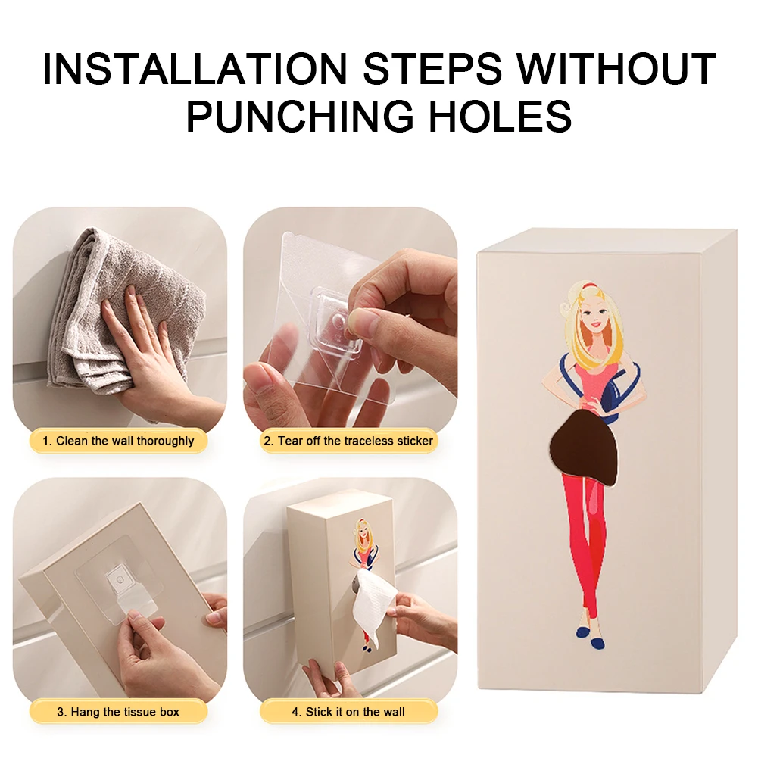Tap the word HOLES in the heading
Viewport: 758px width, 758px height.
501,116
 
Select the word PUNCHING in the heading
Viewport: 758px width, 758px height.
300,116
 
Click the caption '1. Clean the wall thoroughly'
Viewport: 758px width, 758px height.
118,441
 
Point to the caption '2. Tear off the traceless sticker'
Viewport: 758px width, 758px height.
348,441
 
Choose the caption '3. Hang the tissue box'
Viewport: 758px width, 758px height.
118,712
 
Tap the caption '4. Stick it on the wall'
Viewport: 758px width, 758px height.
348,712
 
